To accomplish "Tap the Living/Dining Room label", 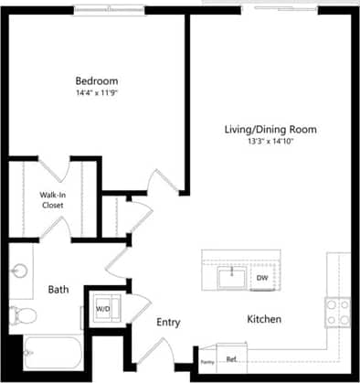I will click(270, 130).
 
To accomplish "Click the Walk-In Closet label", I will click(51, 200).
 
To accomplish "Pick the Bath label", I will click(58, 290).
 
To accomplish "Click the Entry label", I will click(168, 323).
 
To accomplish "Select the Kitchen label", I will click(263, 319).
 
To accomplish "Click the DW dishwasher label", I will click(261, 277).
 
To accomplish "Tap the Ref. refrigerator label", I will click(231, 359).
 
